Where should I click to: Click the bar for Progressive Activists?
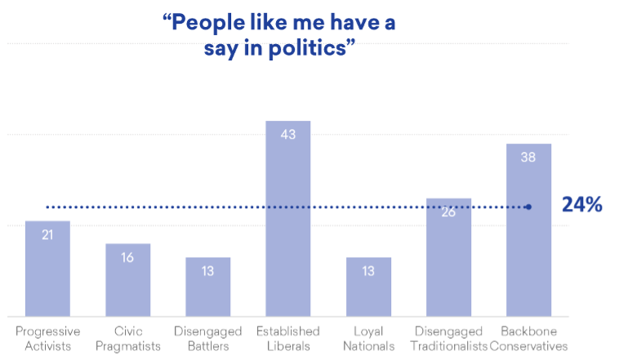[x=47, y=269]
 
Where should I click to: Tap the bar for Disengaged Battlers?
[x=207, y=287]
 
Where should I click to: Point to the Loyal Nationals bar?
[x=368, y=287]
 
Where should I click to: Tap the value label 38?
[x=528, y=158]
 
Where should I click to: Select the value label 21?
[x=47, y=235]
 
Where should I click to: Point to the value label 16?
[x=127, y=257]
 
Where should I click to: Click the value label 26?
[x=448, y=212]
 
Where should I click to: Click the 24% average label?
[x=581, y=205]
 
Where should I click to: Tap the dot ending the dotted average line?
[x=528, y=207]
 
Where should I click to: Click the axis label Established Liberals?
[x=288, y=338]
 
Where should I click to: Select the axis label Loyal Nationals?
[x=368, y=338]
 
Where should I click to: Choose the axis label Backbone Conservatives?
[x=528, y=338]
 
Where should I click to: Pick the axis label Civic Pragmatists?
[x=127, y=338]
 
